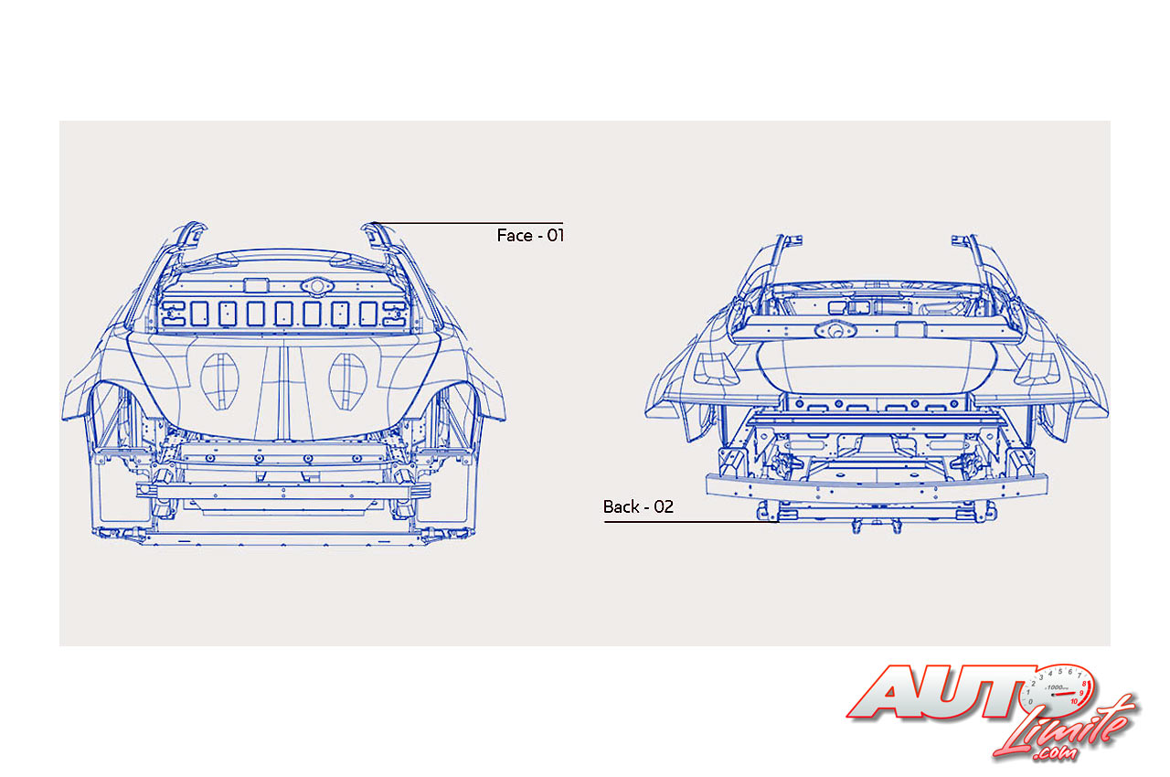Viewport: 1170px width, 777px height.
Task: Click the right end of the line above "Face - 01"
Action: (x=562, y=223)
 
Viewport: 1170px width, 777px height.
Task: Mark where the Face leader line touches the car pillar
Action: (x=372, y=223)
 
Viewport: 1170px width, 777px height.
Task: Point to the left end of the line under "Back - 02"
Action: (x=605, y=521)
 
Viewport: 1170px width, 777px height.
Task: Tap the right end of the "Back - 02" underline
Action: (x=778, y=521)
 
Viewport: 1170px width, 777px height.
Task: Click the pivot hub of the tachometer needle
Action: (x=1053, y=696)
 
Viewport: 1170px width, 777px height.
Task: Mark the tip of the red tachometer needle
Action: (x=1077, y=693)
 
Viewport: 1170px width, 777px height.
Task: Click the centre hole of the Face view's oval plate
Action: (x=317, y=286)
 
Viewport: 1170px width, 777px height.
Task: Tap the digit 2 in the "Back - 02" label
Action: (x=668, y=506)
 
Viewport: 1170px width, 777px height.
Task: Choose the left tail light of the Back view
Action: (x=716, y=369)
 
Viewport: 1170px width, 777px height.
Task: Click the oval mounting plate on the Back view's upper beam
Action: (x=835, y=330)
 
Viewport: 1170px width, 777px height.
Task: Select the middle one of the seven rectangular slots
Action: (x=283, y=314)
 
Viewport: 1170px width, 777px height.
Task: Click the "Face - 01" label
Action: (x=530, y=236)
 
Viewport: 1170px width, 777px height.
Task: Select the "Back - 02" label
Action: (x=638, y=506)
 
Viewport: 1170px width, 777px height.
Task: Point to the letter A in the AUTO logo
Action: (x=888, y=692)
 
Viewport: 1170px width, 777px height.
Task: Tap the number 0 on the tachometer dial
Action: (x=1030, y=702)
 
